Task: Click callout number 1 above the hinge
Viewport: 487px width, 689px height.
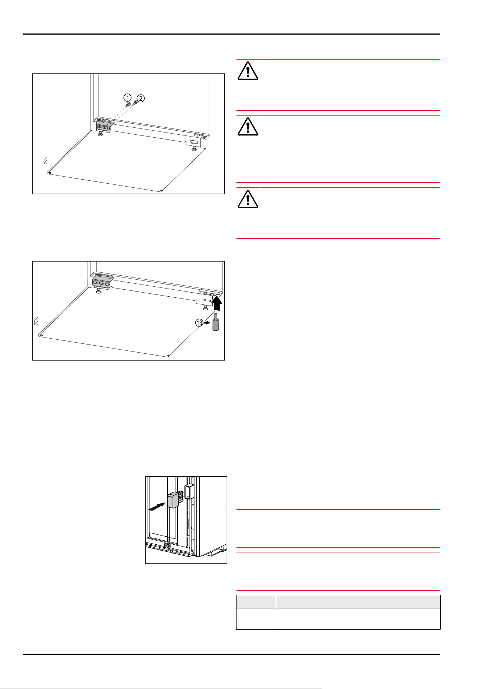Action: pos(127,98)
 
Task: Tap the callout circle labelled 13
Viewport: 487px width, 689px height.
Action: pos(199,323)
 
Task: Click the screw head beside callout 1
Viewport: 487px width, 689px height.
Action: pos(129,104)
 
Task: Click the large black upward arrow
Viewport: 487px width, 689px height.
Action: pos(217,304)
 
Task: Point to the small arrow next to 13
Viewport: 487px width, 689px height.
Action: pos(207,323)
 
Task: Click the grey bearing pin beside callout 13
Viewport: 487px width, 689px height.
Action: pos(216,323)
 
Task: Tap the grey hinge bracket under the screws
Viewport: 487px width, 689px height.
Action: pos(104,126)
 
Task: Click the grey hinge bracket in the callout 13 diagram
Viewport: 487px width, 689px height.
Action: pos(102,282)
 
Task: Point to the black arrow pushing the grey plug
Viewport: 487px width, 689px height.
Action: pos(156,507)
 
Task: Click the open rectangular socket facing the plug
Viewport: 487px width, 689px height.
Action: pos(189,491)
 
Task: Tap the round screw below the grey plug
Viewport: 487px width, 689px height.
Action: pos(167,546)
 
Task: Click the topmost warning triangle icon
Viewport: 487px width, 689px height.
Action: pos(248,71)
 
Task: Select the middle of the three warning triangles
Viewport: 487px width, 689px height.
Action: pos(248,127)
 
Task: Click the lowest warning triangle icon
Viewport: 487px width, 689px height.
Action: pos(248,199)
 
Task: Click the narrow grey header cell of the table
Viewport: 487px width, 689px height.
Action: pos(256,601)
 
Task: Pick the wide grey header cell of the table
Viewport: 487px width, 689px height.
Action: pos(358,601)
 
